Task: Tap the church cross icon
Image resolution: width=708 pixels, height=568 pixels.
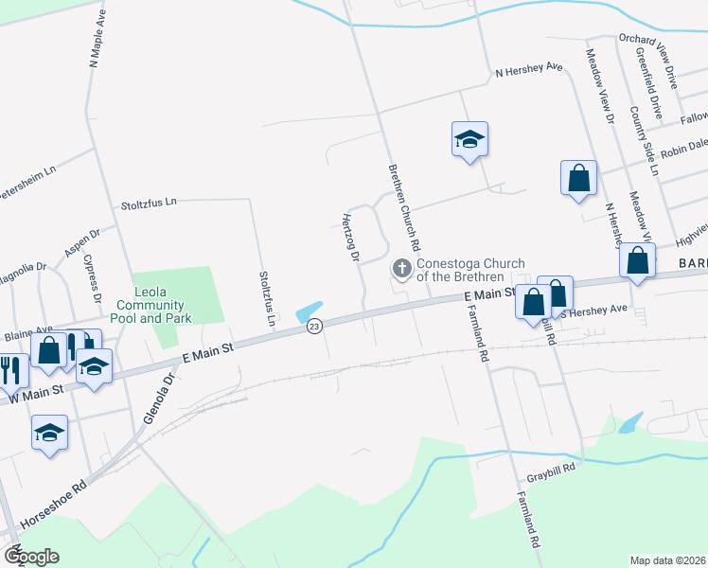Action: (x=401, y=270)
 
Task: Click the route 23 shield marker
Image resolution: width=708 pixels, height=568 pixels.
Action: (x=314, y=326)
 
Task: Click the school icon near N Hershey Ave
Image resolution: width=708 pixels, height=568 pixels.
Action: (x=469, y=140)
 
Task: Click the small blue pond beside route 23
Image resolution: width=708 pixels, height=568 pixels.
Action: (x=309, y=311)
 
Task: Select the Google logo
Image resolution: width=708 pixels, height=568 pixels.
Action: (x=31, y=556)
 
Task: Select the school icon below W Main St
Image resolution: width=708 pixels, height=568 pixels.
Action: (x=49, y=435)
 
